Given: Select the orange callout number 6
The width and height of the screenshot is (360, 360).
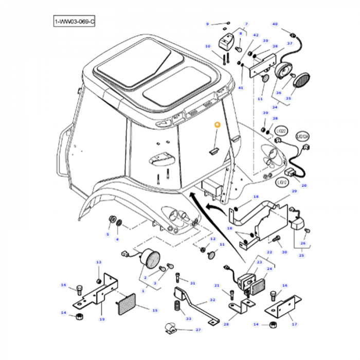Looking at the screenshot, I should pos(217,124).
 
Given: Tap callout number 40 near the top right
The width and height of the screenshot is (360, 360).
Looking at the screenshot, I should pos(275,24).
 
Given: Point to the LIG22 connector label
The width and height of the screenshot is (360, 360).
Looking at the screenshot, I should pos(280,132).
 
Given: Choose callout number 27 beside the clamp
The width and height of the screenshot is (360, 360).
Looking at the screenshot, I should pos(198,330).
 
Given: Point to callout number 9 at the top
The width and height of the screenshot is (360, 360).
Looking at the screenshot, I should pos(208,24).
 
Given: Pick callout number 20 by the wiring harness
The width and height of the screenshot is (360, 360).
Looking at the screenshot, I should pos(303,186).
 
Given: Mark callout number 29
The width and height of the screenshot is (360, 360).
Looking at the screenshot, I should pos(295,191).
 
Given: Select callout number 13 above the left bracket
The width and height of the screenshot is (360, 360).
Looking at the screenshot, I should pos(99,263).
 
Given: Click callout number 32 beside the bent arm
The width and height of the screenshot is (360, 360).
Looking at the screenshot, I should pos(213,300).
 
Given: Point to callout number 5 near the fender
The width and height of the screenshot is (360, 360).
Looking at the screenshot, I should pos(108,235).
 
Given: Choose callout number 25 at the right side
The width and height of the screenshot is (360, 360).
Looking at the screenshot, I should pos(301,256).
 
